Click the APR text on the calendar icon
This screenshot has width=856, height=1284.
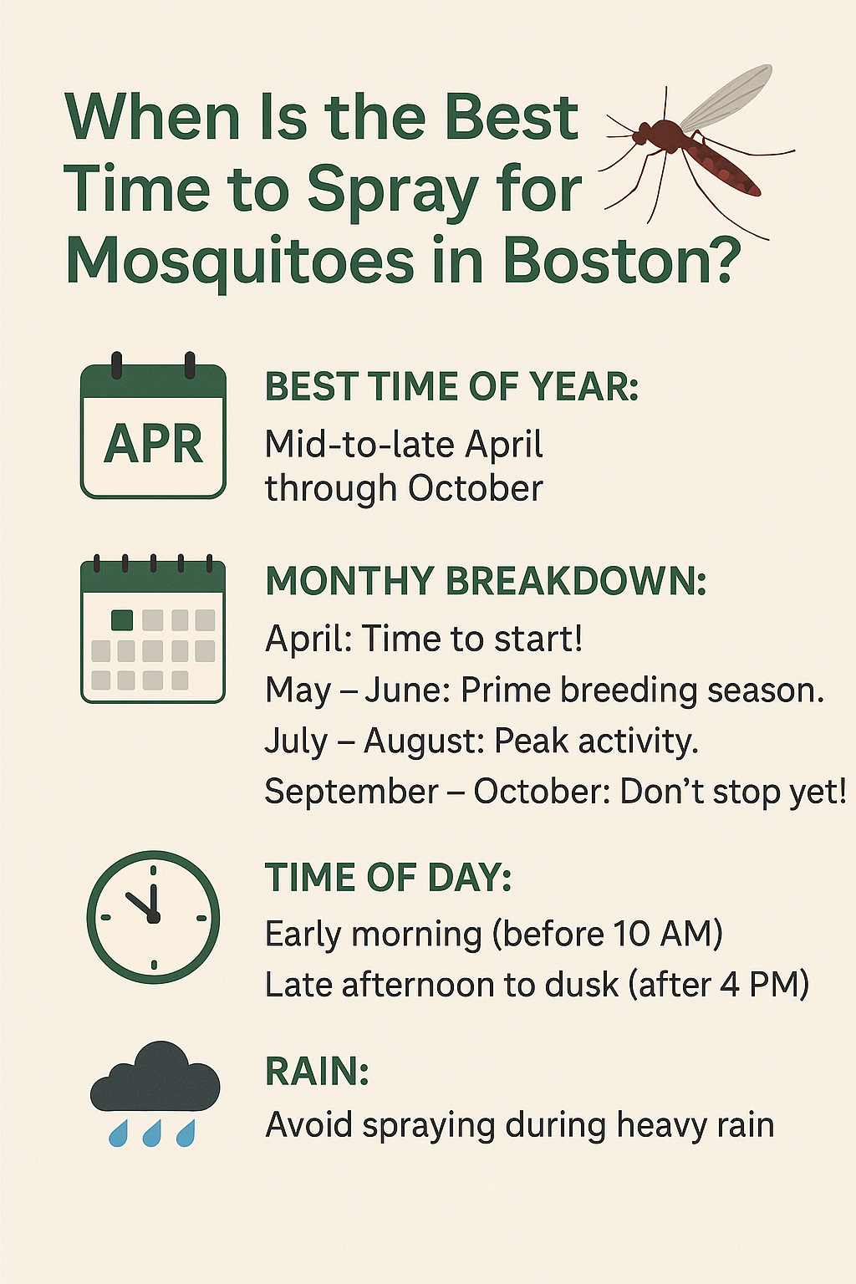[153, 444]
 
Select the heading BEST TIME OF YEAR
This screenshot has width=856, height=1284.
[451, 386]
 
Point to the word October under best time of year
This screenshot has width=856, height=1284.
[476, 488]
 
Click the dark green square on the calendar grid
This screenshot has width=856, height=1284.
[121, 619]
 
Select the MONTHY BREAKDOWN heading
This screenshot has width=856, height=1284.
[486, 581]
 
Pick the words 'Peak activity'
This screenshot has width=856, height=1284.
[596, 741]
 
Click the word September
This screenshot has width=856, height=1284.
[351, 792]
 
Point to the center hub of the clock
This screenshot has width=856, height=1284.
[153, 918]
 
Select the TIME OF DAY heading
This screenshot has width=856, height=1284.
[388, 877]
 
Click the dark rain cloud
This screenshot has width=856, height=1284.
[155, 1077]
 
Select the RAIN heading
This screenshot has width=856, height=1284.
[317, 1071]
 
